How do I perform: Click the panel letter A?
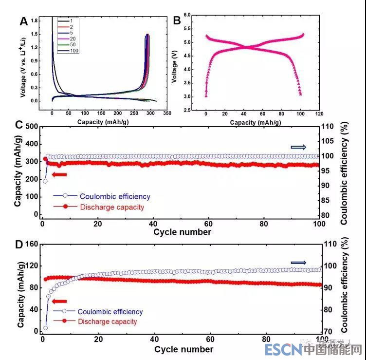[x=23, y=21]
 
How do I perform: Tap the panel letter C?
[x=20, y=124]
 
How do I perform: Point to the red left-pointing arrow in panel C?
[x=59, y=175]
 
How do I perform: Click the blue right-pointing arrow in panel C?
[x=298, y=147]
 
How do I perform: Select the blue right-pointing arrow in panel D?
[x=298, y=263]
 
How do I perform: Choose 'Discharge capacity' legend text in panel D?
[x=107, y=322]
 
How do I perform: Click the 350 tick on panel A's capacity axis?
[x=167, y=113]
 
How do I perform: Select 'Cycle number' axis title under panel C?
[x=183, y=232]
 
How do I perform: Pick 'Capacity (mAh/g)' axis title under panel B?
[x=256, y=122]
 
